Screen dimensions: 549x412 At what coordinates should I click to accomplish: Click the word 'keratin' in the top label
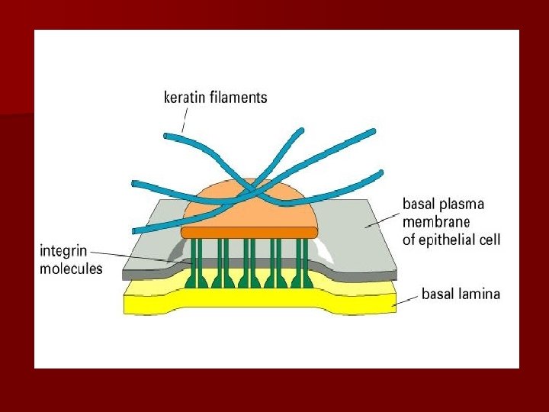pyautogui.click(x=185, y=98)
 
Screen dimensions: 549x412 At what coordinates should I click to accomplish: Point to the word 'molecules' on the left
pyautogui.click(x=71, y=269)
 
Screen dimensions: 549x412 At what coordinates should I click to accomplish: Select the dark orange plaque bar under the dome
pyautogui.click(x=249, y=231)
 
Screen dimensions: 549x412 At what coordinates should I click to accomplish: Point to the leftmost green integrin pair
pyautogui.click(x=197, y=263)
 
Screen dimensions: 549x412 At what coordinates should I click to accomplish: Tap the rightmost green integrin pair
pyautogui.click(x=303, y=263)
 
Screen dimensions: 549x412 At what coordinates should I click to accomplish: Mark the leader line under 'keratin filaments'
pyautogui.click(x=185, y=120)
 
